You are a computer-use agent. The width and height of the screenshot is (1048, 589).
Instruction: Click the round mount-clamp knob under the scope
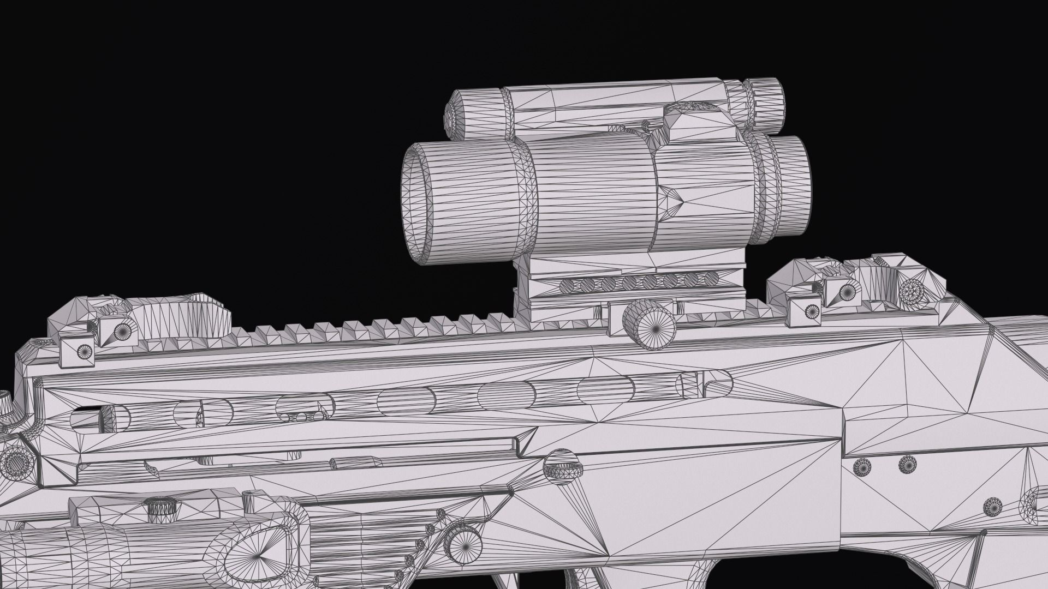[650, 325]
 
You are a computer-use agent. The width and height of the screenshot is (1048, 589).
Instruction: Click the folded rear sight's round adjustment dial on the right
[910, 292]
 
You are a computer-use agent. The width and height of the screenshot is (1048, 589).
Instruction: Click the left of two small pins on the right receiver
[861, 466]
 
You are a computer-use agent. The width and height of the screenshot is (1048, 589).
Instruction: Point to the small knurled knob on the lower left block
[162, 508]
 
